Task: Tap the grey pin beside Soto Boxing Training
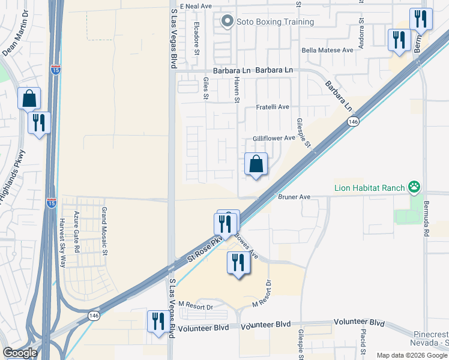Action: [x=226, y=22]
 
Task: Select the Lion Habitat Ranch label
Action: [x=370, y=188]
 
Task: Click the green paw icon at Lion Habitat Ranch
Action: [x=414, y=187]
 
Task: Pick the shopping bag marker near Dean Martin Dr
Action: [x=29, y=98]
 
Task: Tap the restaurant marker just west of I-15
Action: [x=40, y=122]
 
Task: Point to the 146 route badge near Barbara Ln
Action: [x=353, y=122]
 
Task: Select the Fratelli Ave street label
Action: [x=273, y=107]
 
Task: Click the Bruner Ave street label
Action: [x=294, y=196]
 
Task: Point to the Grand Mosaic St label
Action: [x=104, y=223]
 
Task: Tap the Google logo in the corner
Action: [x=20, y=353]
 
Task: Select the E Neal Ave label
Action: [x=196, y=6]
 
